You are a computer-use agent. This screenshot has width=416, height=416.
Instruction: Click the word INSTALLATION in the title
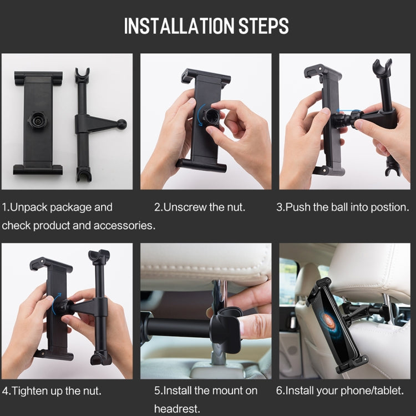[179, 26]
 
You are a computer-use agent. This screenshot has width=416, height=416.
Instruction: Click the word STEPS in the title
[263, 26]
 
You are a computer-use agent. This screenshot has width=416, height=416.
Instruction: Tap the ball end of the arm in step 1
[122, 124]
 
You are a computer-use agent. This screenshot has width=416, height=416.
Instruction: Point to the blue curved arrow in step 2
[200, 115]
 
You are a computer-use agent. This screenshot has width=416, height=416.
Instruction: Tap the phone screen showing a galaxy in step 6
[335, 325]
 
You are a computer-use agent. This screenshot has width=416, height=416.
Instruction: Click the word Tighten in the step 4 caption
[28, 391]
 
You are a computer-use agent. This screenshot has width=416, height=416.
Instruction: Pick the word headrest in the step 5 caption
[177, 409]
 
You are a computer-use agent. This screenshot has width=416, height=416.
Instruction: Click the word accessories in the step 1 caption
[124, 226]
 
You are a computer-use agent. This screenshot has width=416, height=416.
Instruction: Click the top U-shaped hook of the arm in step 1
[82, 74]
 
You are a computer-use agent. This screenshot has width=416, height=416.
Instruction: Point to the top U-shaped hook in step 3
[382, 68]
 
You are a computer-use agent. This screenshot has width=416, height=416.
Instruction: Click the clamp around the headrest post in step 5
[227, 329]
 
